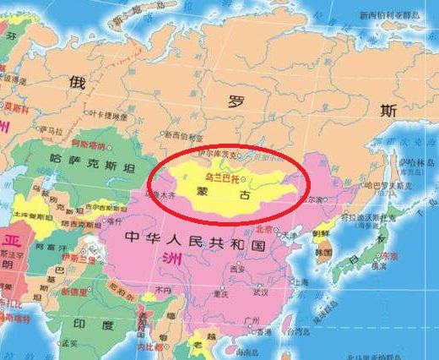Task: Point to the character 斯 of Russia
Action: click(388, 110)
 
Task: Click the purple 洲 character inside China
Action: click(154, 257)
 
